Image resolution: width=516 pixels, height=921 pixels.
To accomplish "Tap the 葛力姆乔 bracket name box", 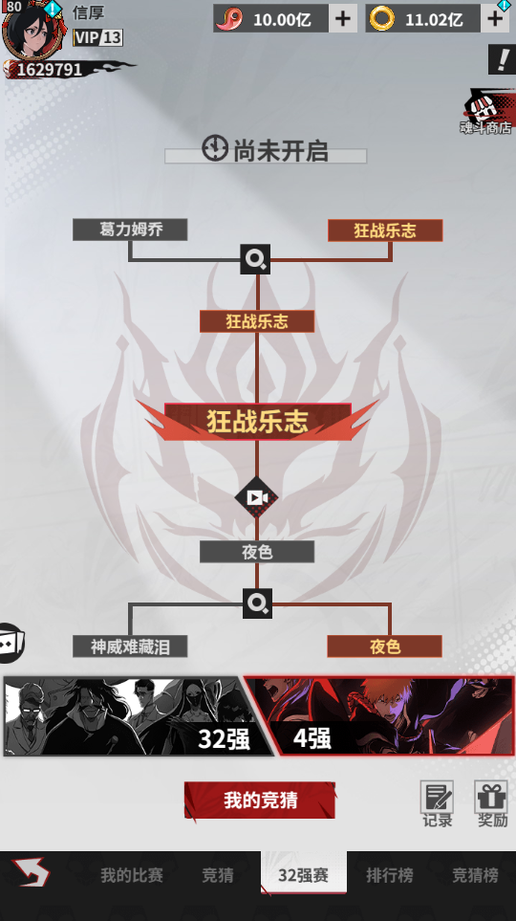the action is [130, 230].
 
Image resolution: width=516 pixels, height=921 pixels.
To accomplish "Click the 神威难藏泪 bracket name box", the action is [130, 647].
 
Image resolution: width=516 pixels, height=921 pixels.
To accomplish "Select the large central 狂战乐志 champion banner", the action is [258, 421].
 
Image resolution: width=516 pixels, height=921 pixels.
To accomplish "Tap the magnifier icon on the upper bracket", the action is [255, 259].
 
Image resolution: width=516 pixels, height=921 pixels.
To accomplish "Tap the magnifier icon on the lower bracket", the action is [258, 603].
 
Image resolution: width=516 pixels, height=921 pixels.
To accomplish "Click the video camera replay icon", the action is [256, 497].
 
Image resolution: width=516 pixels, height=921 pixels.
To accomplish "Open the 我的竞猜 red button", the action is [260, 800].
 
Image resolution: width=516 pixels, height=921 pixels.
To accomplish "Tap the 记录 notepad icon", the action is [437, 798].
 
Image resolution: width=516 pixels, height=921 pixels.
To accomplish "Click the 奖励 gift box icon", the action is [491, 798].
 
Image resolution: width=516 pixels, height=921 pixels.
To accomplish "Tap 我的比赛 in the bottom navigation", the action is [132, 875].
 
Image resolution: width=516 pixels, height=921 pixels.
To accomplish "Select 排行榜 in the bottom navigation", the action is [389, 875].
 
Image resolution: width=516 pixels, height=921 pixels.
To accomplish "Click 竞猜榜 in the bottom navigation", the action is [475, 875].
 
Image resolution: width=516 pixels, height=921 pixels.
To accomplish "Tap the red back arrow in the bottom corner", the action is [31, 872].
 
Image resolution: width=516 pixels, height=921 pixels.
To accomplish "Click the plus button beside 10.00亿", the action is [343, 19].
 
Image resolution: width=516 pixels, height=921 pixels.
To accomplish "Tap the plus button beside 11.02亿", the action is [495, 19].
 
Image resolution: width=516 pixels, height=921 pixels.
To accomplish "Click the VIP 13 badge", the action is [97, 38].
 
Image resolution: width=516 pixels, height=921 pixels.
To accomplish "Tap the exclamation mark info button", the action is [502, 59].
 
